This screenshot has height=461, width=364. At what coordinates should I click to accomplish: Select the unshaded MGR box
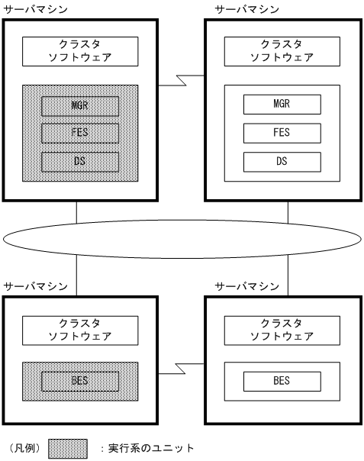pos(282,104)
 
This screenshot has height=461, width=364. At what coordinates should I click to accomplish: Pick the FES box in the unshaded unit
pos(282,133)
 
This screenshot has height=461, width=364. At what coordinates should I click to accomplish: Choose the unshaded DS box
pos(282,162)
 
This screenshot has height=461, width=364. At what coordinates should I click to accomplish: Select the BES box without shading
pos(282,380)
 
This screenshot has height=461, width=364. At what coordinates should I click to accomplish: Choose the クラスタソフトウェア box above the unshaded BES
pos(282,330)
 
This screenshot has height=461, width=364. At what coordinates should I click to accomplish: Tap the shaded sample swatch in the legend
pos(69,448)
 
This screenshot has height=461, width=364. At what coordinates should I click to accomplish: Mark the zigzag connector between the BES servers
pos(181,370)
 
